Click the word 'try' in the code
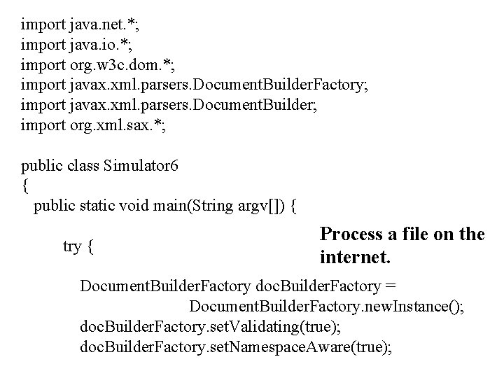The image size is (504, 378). tap(72, 246)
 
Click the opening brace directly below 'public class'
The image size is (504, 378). tap(25, 186)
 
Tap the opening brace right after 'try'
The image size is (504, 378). tap(92, 247)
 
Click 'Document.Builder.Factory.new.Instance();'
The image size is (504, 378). tap(325, 307)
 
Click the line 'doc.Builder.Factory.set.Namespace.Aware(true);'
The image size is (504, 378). tap(237, 347)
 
